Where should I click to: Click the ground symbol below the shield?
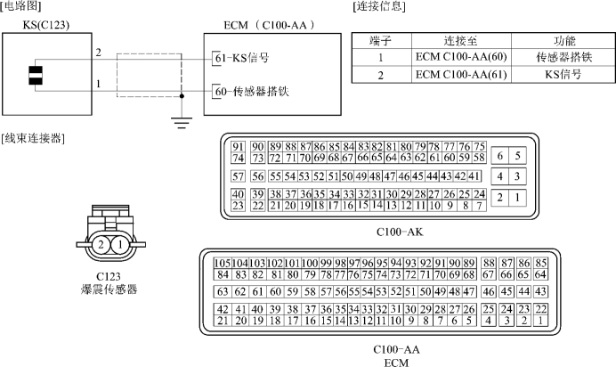[181, 123]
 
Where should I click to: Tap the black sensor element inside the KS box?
[36, 76]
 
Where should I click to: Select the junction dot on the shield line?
[181, 96]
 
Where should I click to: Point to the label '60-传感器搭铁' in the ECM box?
[252, 92]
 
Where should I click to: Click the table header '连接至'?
[461, 41]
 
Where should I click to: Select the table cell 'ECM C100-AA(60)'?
[461, 57]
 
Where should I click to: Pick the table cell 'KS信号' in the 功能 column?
[563, 74]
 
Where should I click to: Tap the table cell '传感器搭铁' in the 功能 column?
[563, 57]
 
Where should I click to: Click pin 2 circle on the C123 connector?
[101, 245]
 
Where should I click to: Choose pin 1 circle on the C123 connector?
[120, 245]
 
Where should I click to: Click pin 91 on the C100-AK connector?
[238, 147]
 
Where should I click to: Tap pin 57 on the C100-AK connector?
[238, 176]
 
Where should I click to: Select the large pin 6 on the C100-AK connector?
[500, 156]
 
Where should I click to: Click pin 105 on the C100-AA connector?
[223, 263]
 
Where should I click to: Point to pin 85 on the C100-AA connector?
[541, 263]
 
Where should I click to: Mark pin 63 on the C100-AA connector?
[223, 291]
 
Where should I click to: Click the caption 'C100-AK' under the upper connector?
[400, 232]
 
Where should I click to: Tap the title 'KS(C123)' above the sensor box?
[46, 25]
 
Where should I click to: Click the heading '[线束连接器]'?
[33, 138]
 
